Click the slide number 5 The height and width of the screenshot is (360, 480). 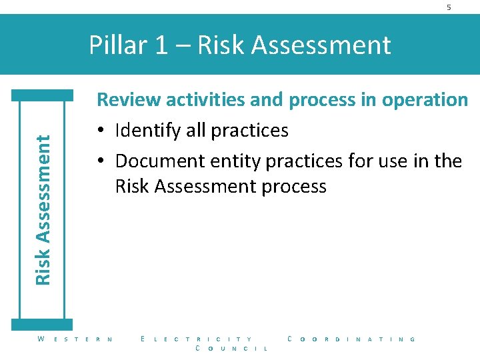[449, 7]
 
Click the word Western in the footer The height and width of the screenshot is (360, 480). [75, 339]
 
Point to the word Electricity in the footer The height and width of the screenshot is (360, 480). [197, 339]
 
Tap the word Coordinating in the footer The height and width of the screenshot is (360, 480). [351, 339]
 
